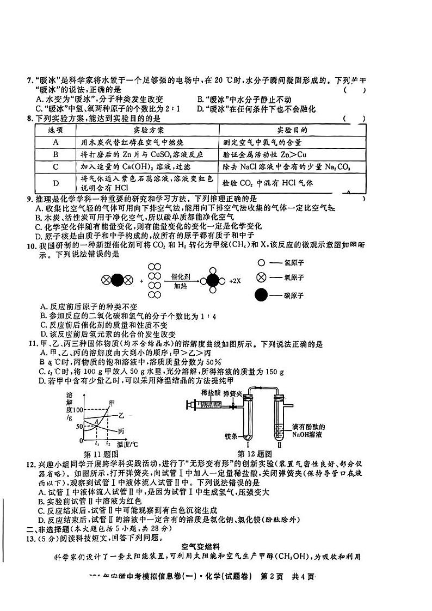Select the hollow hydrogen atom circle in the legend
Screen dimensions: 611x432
[x=262, y=262]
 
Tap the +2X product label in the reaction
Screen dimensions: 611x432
[x=234, y=281]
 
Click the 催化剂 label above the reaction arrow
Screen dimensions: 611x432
[x=180, y=276]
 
